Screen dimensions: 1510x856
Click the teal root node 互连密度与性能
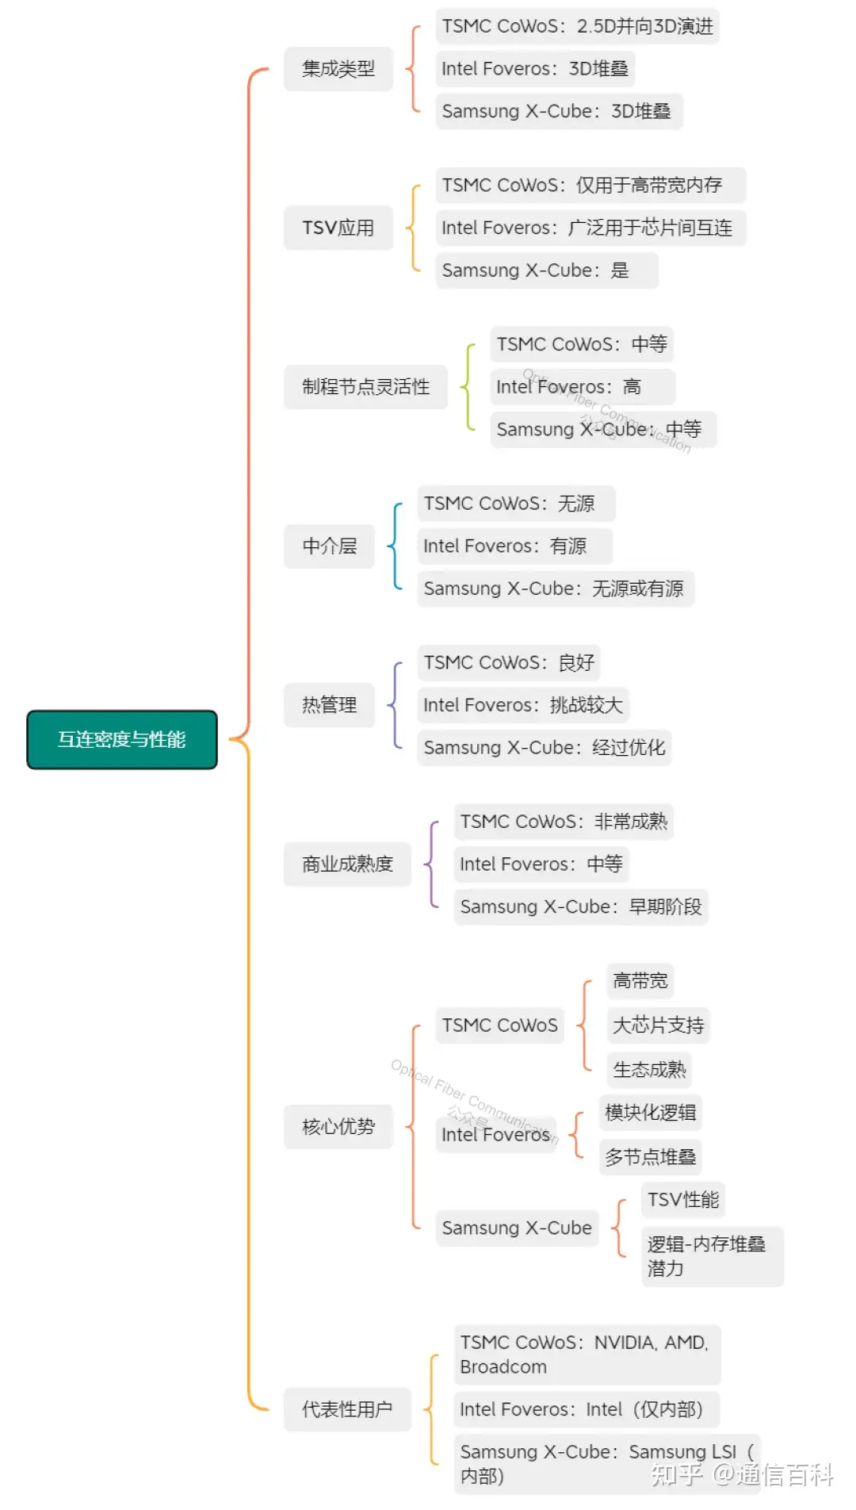pyautogui.click(x=121, y=739)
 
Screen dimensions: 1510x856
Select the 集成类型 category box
pyautogui.click(x=338, y=69)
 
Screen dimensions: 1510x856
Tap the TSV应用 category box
pyautogui.click(x=338, y=228)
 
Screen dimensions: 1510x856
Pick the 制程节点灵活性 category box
pyautogui.click(x=365, y=387)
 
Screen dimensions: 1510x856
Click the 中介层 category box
pyautogui.click(x=329, y=546)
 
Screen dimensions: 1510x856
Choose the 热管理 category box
pyautogui.click(x=329, y=705)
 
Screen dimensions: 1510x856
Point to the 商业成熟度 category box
pyautogui.click(x=347, y=864)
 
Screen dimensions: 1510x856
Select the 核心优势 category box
pyautogui.click(x=338, y=1126)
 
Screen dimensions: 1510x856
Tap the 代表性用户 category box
pyautogui.click(x=347, y=1409)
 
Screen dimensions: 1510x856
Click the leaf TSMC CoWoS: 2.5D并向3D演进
pyautogui.click(x=577, y=26)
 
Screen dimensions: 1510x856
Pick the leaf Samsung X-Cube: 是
pyautogui.click(x=546, y=270)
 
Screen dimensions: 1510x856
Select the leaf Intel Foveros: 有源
pyautogui.click(x=514, y=546)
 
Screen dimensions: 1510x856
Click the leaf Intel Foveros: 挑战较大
pyautogui.click(x=523, y=705)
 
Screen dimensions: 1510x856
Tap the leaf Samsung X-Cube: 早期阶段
pyautogui.click(x=580, y=906)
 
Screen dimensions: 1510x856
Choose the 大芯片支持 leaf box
pyautogui.click(x=658, y=1025)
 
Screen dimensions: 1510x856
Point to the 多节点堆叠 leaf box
pyautogui.click(x=650, y=1157)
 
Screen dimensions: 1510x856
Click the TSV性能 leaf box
pyautogui.click(x=682, y=1200)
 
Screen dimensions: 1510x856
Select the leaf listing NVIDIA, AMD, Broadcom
pyautogui.click(x=587, y=1355)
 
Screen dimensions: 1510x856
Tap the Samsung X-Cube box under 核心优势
pyautogui.click(x=517, y=1228)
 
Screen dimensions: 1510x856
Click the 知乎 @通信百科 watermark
pyautogui.click(x=741, y=1474)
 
